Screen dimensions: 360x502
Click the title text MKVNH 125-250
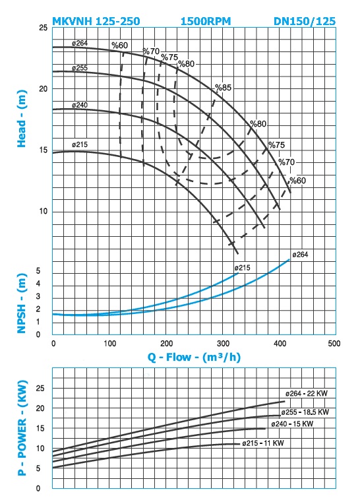click(96, 21)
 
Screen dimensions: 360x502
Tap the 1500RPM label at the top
click(206, 21)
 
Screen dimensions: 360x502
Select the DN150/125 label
click(305, 21)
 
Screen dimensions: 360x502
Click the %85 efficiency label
click(223, 87)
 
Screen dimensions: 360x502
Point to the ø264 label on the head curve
click(80, 43)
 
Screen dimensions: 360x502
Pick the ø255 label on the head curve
click(80, 68)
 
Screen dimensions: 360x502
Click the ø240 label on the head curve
click(80, 105)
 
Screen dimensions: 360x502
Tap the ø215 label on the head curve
click(80, 144)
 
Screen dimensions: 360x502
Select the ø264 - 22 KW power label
click(307, 393)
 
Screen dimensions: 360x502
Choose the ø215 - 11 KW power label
click(263, 443)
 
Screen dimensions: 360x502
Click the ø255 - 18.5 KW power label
click(305, 412)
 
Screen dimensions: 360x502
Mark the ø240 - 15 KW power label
click(292, 424)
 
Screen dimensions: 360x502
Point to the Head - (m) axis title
click(22, 119)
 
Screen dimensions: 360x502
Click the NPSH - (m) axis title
click(22, 303)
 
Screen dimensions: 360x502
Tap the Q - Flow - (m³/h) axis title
click(194, 357)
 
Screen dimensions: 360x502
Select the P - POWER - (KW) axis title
click(22, 428)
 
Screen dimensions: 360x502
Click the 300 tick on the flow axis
click(223, 344)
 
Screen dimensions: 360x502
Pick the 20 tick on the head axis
click(43, 88)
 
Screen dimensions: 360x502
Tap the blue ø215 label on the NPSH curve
click(242, 268)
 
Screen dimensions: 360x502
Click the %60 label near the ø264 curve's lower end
click(297, 180)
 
